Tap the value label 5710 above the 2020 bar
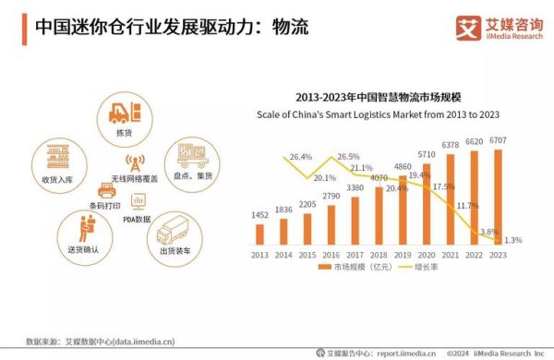pyautogui.click(x=427, y=154)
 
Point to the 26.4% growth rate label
pyautogui.click(x=301, y=157)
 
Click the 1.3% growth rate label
pyautogui.click(x=513, y=240)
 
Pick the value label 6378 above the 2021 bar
pyautogui.click(x=451, y=145)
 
